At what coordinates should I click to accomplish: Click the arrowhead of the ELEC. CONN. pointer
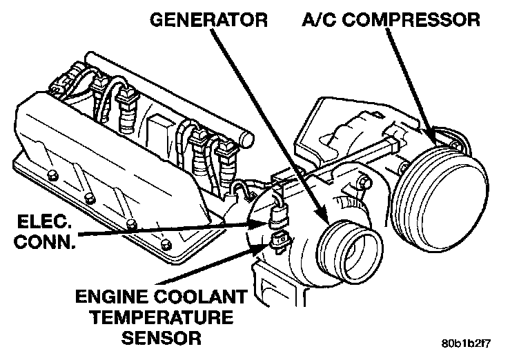click(266, 222)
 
